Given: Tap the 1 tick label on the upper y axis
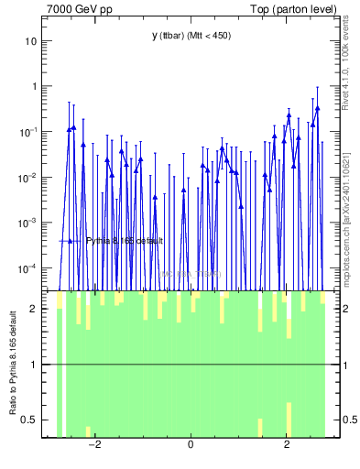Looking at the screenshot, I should coord(34,86).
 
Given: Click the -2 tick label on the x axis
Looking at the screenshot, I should coord(93,446).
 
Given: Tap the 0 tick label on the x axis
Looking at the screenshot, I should coord(191,446).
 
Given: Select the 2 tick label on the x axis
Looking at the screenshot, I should coord(287,446).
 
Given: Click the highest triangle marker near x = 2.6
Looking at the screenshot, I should coord(317,108).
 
